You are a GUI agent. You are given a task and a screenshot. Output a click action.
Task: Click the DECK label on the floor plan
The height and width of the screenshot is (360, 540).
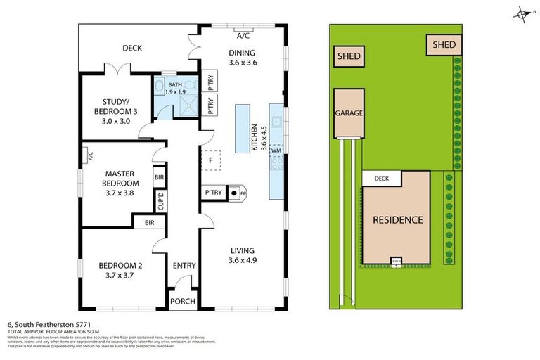tap(132, 48)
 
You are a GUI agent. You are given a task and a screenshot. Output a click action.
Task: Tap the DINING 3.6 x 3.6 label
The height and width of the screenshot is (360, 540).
tap(241, 58)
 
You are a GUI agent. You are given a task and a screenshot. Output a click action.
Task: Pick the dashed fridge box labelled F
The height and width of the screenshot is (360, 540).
tap(210, 160)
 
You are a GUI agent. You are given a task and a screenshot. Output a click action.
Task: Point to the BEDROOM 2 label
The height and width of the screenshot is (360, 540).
tap(120, 270)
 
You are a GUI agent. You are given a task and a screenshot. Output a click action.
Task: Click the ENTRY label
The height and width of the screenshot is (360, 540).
tap(184, 265)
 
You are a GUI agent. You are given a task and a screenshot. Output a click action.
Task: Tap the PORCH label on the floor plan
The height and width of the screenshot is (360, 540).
tap(183, 301)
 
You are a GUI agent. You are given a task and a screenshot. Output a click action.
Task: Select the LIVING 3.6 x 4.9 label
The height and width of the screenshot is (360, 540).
tap(241, 255)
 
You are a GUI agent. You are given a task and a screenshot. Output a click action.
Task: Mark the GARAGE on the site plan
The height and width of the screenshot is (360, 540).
tap(349, 112)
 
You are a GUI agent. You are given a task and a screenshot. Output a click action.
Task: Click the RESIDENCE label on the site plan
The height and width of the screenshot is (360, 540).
tap(397, 219)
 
